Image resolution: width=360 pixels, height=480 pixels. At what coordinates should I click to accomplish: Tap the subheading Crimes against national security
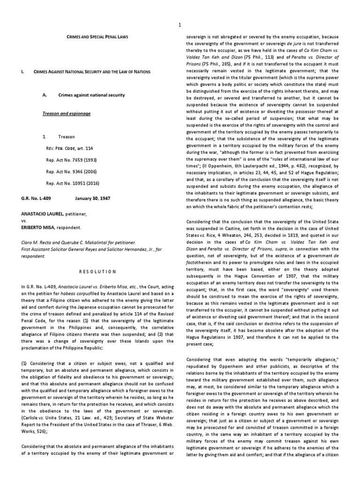coord(91,95)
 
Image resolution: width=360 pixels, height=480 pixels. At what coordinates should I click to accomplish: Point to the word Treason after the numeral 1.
coord(66,137)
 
